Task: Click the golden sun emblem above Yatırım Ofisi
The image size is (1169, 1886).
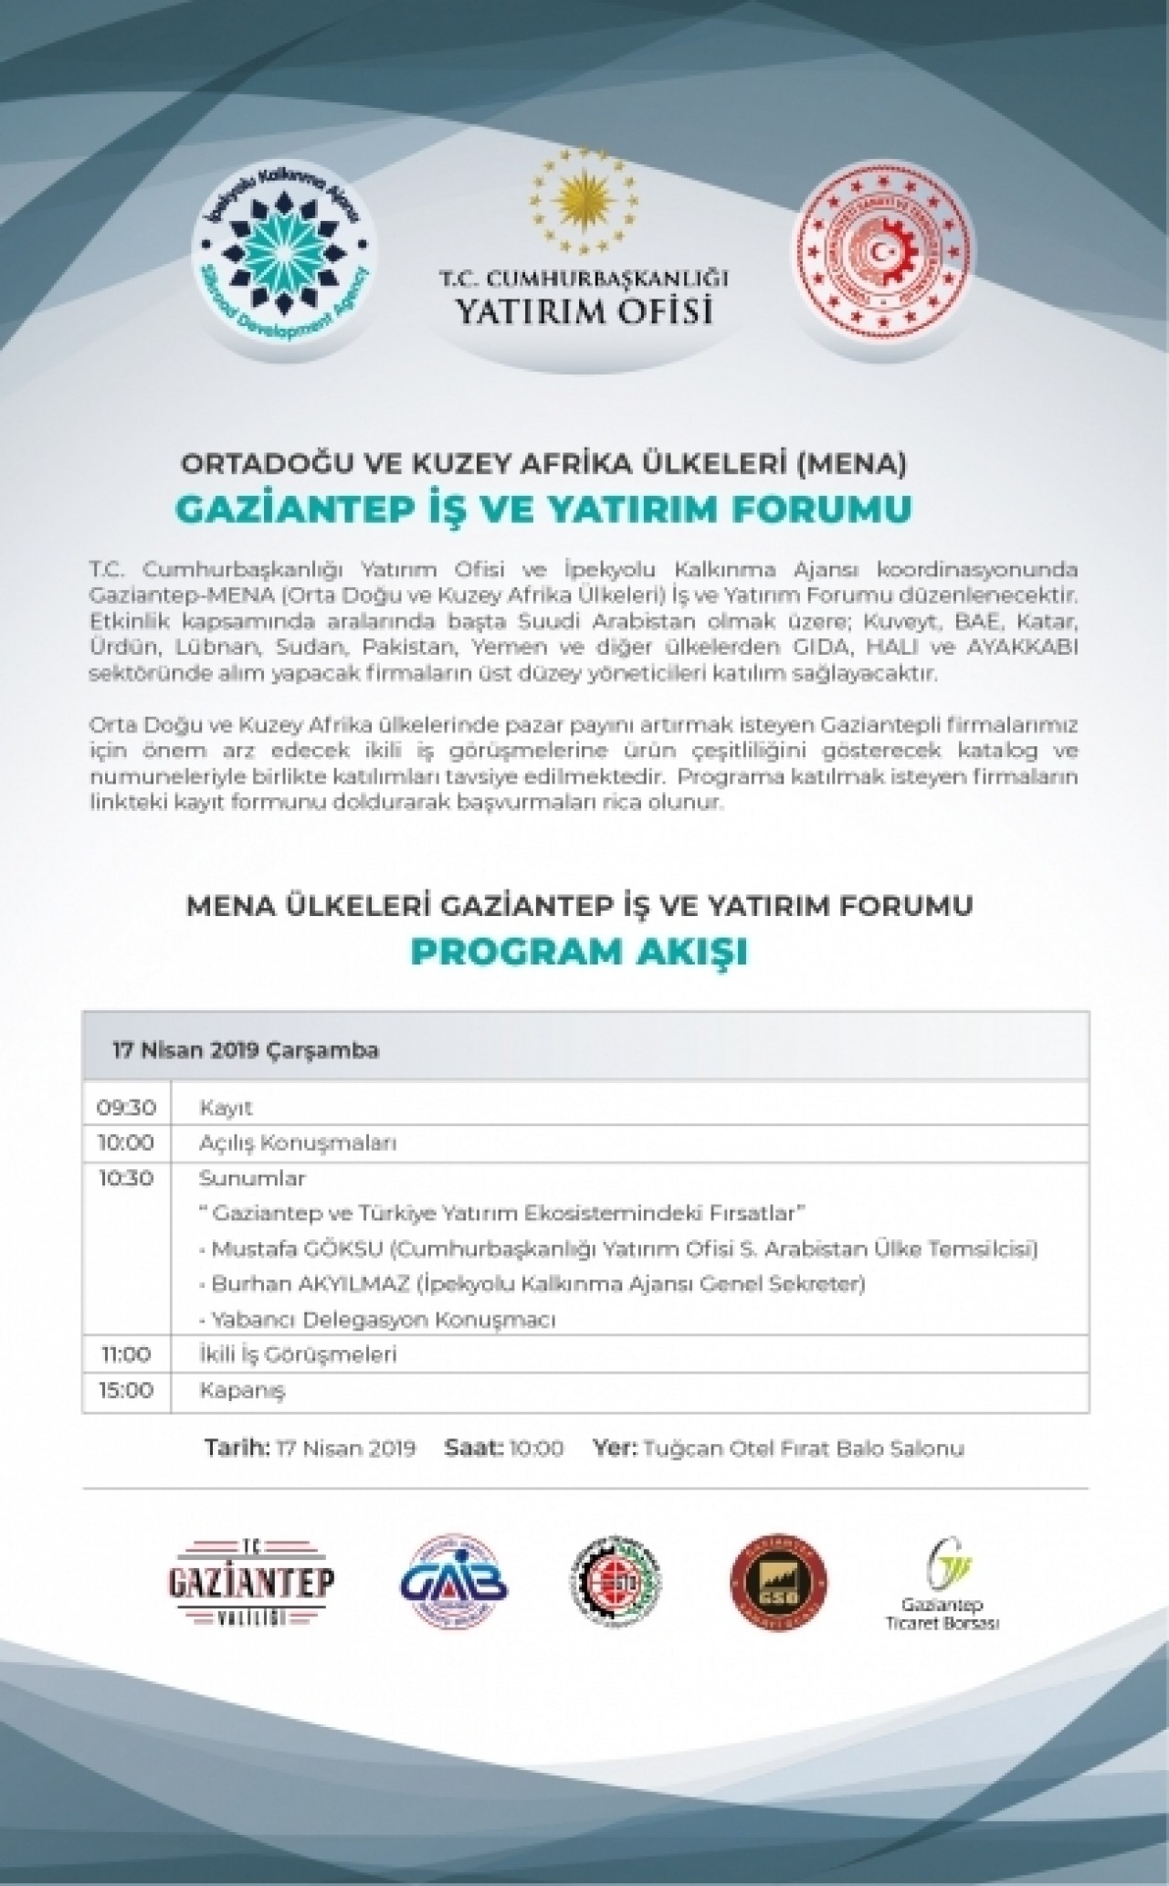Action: (584, 197)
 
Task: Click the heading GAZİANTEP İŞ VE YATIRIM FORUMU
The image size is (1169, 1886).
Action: (543, 510)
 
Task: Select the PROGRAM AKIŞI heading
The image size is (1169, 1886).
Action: (578, 952)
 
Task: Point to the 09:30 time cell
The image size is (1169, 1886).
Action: (126, 1108)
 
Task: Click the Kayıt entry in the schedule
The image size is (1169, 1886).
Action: (226, 1108)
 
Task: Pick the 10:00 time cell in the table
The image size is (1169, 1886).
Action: (126, 1143)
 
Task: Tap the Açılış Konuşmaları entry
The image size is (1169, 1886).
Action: (298, 1143)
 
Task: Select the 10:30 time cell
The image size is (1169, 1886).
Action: (126, 1178)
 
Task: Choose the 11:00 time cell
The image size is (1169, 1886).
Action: (126, 1354)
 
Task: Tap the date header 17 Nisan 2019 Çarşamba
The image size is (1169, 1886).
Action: (245, 1050)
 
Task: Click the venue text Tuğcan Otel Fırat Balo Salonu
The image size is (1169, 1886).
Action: (804, 1449)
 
